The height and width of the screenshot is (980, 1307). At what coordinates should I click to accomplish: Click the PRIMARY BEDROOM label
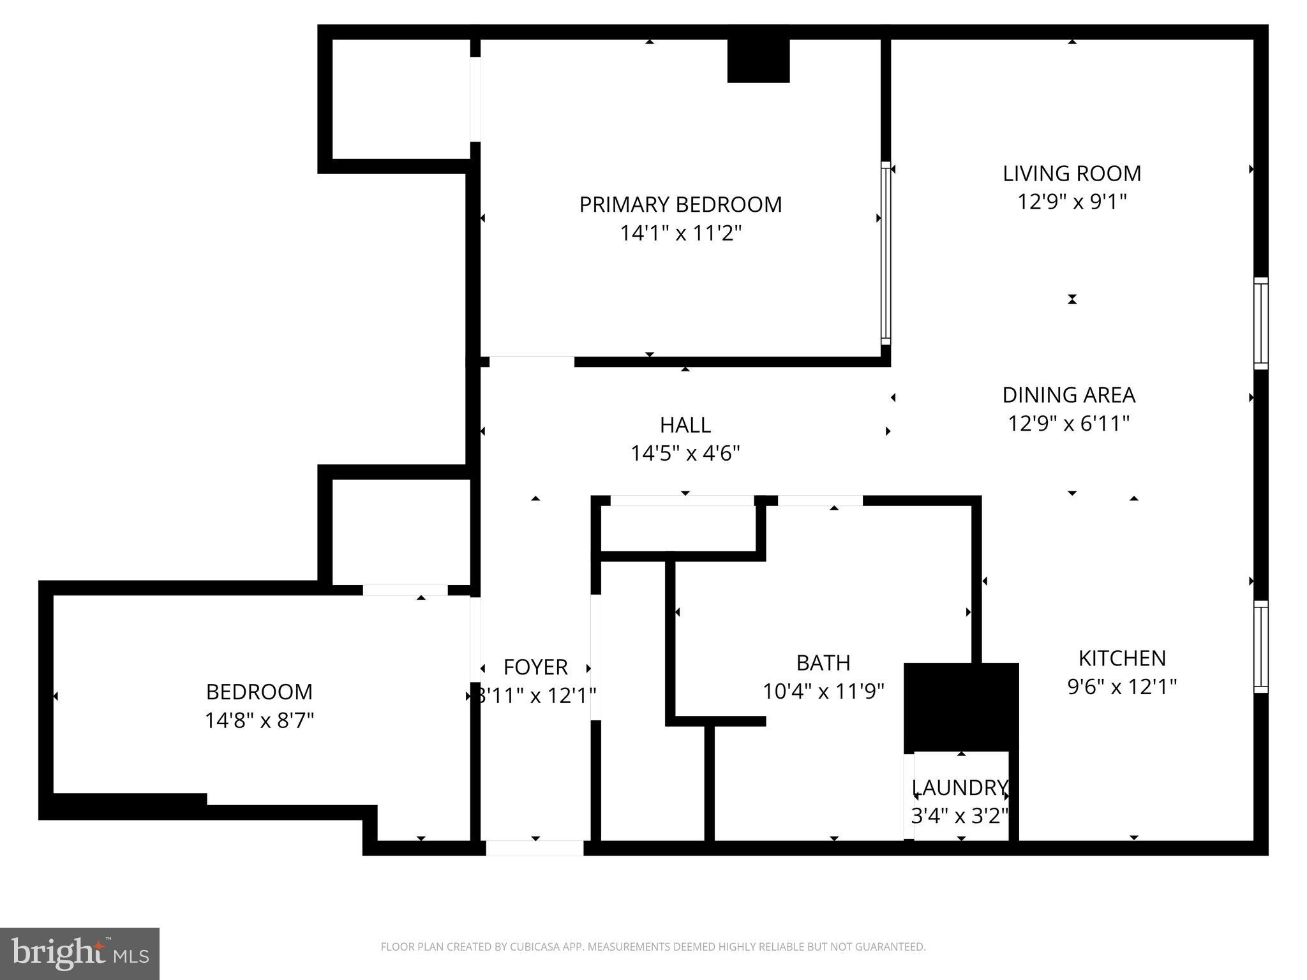[x=680, y=205]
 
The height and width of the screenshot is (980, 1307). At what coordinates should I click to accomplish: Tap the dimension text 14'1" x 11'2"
[x=680, y=234]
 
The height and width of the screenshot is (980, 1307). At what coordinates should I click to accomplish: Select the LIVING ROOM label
[x=1072, y=174]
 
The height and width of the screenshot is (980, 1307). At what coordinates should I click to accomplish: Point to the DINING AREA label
[x=1068, y=395]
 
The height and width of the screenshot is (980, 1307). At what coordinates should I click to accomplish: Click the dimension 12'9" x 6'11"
[x=1068, y=424]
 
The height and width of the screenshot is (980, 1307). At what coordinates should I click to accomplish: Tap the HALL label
[x=685, y=425]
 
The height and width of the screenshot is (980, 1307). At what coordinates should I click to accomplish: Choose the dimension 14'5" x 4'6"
[x=685, y=454]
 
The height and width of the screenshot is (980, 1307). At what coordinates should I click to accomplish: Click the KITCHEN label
[x=1122, y=658]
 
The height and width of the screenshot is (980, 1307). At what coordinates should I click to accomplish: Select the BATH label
[x=823, y=663]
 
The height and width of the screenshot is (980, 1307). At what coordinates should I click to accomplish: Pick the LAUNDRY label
[x=959, y=787]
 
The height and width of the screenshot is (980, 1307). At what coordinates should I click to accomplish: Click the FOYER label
[x=535, y=667]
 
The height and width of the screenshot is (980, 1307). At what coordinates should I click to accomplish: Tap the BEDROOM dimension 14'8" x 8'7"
[x=259, y=721]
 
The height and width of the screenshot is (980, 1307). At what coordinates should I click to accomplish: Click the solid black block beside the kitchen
[x=960, y=707]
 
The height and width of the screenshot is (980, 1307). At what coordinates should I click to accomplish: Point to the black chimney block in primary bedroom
[x=758, y=61]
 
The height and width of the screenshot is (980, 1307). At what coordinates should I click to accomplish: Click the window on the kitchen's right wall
[x=1260, y=646]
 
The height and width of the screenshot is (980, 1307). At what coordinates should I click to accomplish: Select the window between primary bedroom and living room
[x=885, y=253]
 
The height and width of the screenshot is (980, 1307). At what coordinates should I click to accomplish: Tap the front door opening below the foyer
[x=535, y=848]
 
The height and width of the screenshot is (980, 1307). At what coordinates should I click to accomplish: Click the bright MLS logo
[x=80, y=954]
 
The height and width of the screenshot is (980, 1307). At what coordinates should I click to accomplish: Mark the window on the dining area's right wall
[x=1260, y=323]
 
